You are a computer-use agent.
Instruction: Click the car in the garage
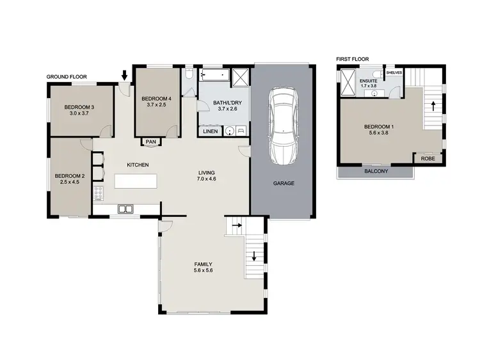click(x=282, y=126)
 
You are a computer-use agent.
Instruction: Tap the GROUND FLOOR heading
click(x=66, y=77)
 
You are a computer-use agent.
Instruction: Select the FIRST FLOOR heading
click(x=352, y=58)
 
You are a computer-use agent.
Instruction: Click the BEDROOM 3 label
click(x=79, y=107)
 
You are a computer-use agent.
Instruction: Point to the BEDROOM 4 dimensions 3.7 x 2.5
click(x=156, y=104)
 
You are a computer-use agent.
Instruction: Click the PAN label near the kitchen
click(x=151, y=142)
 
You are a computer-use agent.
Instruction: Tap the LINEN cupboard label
click(x=210, y=131)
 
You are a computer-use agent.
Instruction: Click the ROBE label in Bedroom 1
click(x=428, y=158)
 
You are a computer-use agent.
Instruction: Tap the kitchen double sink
click(x=125, y=209)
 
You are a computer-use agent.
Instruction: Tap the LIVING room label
click(x=206, y=172)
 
